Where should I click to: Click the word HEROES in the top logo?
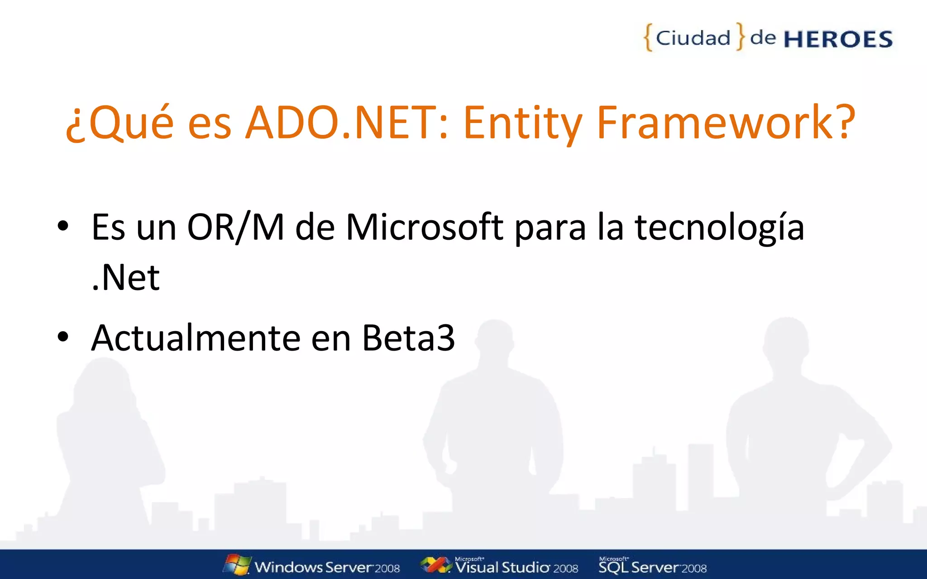(x=838, y=39)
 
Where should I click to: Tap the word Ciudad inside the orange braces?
(x=693, y=38)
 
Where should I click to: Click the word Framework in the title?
(x=715, y=122)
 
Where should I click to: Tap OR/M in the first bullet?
(x=235, y=227)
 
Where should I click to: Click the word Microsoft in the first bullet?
(x=424, y=227)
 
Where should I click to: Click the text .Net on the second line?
(x=125, y=277)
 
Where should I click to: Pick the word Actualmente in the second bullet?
(x=196, y=338)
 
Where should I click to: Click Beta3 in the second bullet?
(x=408, y=338)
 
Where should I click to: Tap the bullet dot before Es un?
(x=63, y=226)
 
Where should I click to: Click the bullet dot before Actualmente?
(x=63, y=337)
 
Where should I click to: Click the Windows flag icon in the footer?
(x=237, y=565)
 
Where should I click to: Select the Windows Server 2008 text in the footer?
(x=327, y=567)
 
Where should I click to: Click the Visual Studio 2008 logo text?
(x=516, y=567)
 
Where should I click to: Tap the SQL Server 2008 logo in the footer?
(x=652, y=566)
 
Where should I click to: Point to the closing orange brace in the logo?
(x=740, y=36)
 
